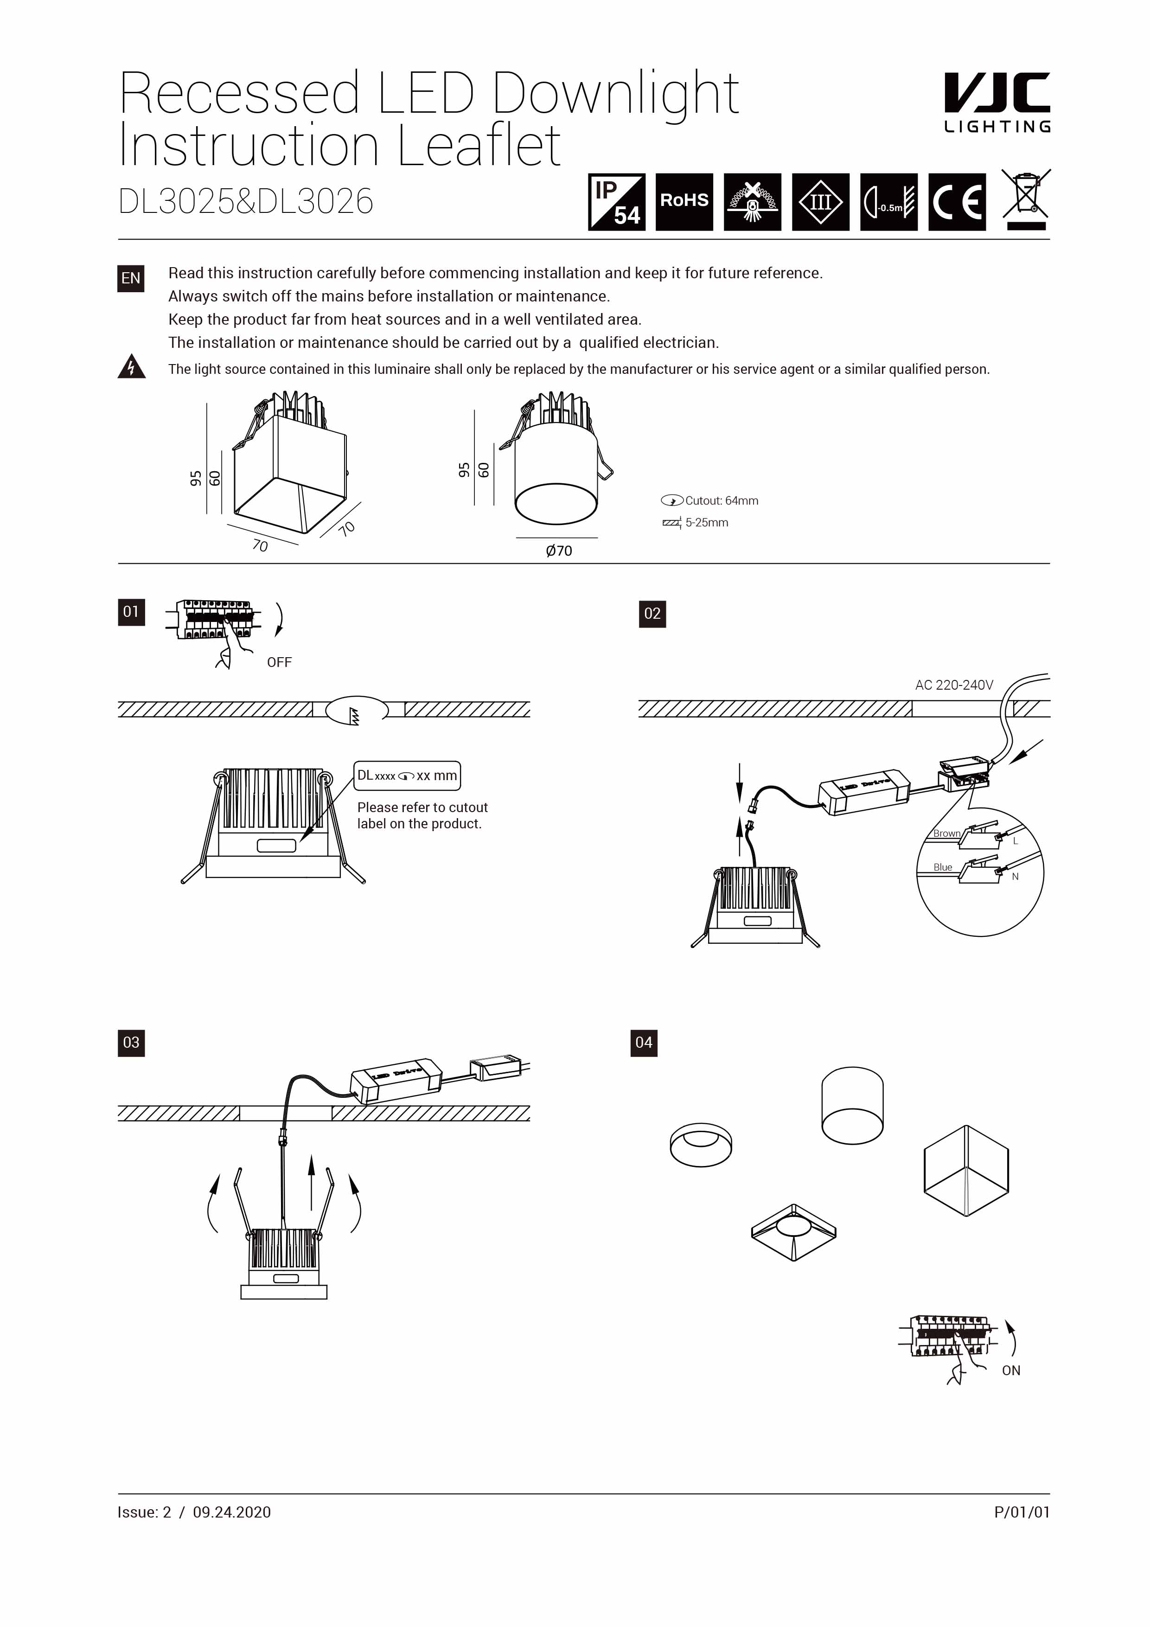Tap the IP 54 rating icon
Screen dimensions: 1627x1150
coord(616,202)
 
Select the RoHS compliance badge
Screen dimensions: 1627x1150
coord(684,202)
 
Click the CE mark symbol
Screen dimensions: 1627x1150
coord(957,202)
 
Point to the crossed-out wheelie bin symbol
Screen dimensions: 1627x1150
coord(1025,199)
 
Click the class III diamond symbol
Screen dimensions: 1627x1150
coord(820,202)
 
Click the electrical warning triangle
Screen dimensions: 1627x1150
coord(131,367)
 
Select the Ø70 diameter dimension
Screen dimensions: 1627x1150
coord(558,551)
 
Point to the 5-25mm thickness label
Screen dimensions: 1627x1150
coord(706,522)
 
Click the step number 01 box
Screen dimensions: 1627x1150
coord(131,612)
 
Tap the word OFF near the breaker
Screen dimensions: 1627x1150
coord(279,662)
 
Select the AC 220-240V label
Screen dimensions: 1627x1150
coord(954,685)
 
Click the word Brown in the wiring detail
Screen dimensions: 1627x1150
coord(946,833)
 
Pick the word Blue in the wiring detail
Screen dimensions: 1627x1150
coord(942,867)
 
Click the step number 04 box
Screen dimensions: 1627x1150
coord(643,1043)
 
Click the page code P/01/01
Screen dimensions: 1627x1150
coord(1021,1512)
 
